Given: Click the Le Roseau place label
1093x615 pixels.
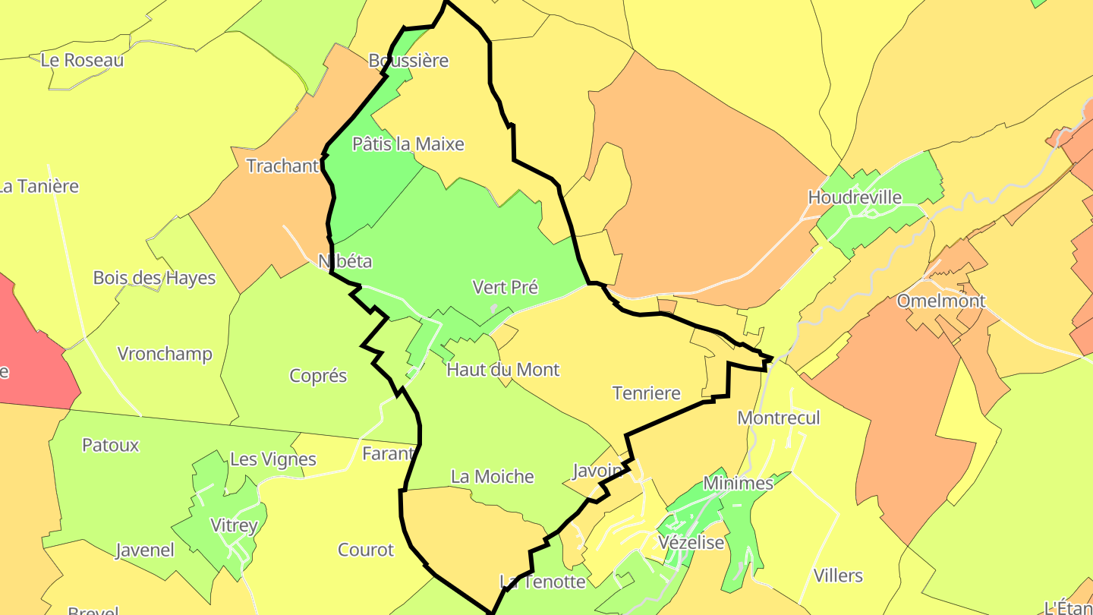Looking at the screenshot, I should (82, 60).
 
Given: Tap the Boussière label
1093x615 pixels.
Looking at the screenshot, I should (408, 61).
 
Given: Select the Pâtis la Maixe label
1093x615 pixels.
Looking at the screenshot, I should (408, 144).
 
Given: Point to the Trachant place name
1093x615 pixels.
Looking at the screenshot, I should (282, 166).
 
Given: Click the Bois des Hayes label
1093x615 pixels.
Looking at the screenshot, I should (154, 278).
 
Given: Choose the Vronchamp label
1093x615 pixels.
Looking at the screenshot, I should (165, 354).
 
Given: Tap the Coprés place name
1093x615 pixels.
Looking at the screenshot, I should (318, 376).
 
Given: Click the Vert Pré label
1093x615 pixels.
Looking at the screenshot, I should (505, 287).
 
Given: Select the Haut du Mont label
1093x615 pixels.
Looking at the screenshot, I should (502, 370).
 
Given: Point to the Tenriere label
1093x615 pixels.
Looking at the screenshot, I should (646, 393).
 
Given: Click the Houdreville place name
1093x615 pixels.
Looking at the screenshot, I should (855, 198).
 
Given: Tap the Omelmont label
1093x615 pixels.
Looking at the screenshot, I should (941, 301).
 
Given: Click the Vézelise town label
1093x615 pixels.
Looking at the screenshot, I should (691, 543).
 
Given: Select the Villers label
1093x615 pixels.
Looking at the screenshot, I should (838, 575).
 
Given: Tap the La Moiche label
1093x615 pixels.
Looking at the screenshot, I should (492, 477).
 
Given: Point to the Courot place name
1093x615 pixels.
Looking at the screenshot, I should (366, 550).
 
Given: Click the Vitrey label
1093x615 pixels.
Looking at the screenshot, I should (234, 525).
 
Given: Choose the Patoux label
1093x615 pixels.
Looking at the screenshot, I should (111, 445).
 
